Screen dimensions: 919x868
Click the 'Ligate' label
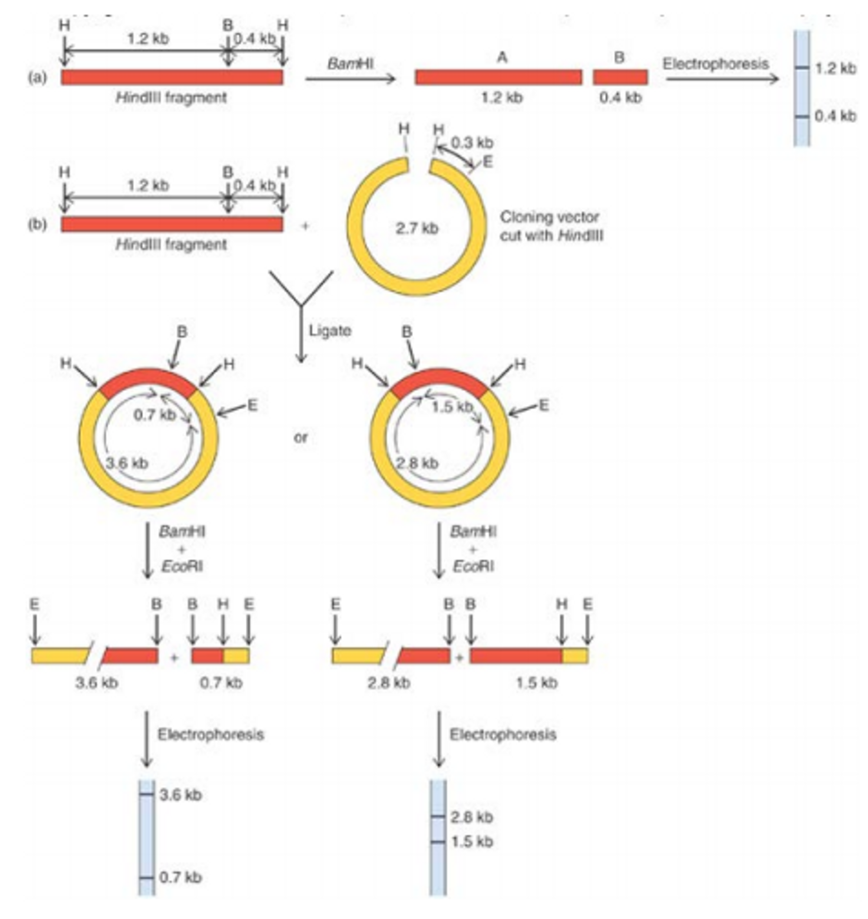(x=330, y=331)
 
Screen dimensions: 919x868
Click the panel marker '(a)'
(x=37, y=78)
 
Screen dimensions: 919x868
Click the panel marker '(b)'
(x=37, y=225)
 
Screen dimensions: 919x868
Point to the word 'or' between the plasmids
(x=301, y=437)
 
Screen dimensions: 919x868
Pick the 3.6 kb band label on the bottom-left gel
(x=181, y=795)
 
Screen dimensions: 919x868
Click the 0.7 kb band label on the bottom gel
(x=181, y=877)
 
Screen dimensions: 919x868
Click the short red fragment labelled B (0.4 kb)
(x=621, y=77)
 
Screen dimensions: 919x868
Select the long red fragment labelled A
(x=498, y=77)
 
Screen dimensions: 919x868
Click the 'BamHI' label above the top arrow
(x=350, y=63)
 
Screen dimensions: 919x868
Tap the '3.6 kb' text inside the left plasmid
(x=127, y=463)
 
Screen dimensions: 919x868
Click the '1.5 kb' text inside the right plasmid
(x=452, y=407)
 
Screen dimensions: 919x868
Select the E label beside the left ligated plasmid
(x=252, y=406)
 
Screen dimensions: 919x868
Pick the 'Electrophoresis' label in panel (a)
(x=716, y=64)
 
